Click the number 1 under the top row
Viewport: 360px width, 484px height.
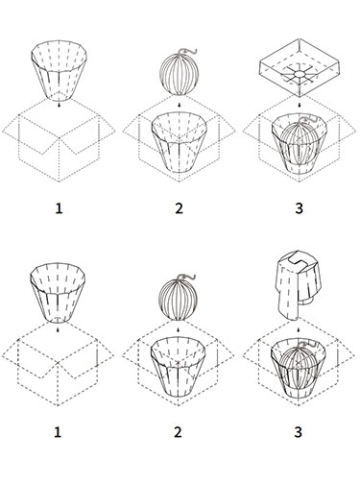(59, 208)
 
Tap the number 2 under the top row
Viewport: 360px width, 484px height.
(179, 208)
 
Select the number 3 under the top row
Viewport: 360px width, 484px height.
(299, 208)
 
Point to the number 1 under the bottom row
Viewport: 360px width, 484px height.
(58, 432)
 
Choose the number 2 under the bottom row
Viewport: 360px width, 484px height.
(178, 432)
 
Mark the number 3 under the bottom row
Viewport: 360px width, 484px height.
(298, 432)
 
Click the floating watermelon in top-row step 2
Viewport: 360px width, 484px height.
(180, 74)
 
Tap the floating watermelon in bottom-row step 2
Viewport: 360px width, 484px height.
(178, 300)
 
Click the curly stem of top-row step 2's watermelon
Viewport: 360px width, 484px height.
(188, 51)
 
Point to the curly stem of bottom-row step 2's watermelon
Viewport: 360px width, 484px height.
(187, 276)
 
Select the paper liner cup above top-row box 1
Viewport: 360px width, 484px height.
(59, 70)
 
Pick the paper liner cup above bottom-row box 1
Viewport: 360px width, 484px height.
(58, 293)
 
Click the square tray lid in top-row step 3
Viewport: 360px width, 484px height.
(299, 68)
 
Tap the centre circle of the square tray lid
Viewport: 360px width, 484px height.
(300, 74)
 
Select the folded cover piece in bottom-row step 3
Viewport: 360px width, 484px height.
(297, 285)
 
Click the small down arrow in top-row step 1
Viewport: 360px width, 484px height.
(59, 105)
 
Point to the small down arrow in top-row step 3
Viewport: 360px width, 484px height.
(299, 105)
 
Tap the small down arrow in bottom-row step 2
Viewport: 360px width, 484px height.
(178, 329)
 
